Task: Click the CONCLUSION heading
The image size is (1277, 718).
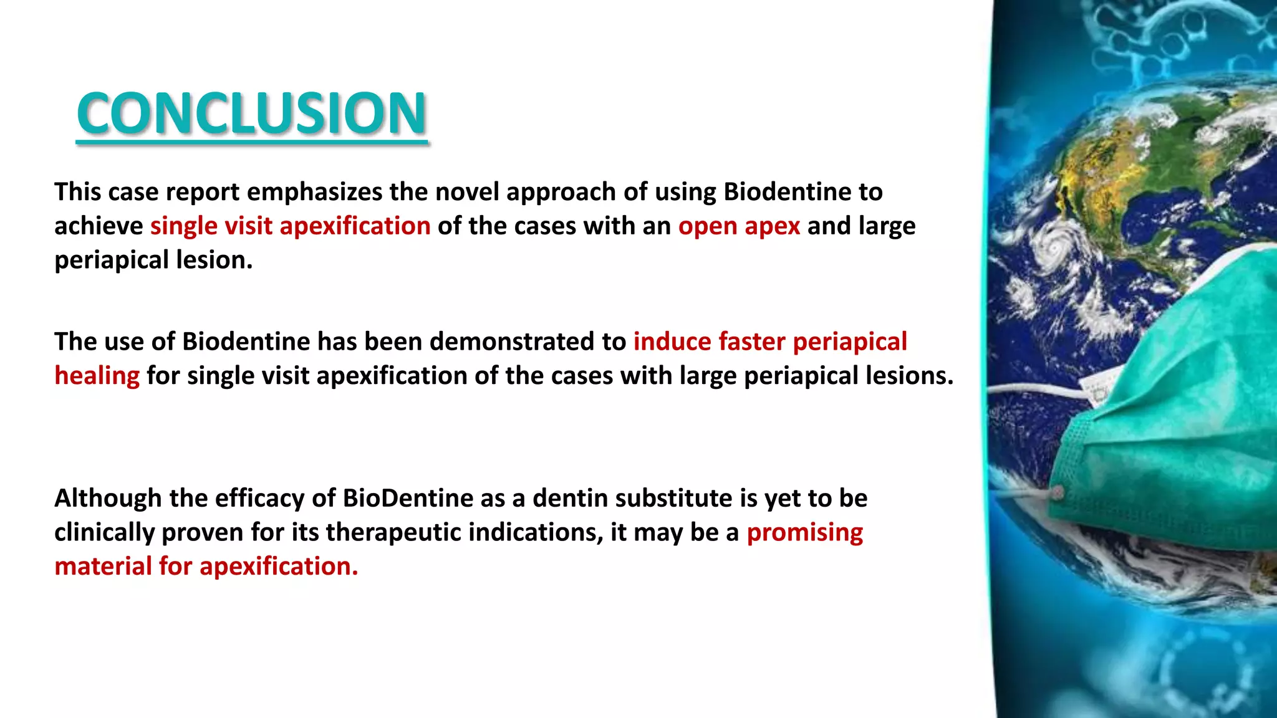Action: click(x=251, y=113)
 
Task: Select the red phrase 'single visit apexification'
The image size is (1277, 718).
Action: click(x=290, y=226)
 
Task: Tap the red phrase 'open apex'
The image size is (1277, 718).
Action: click(x=739, y=226)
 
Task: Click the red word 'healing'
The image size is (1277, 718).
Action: click(x=97, y=376)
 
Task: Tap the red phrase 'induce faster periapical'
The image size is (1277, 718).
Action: click(x=770, y=342)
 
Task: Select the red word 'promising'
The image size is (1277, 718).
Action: click(x=804, y=532)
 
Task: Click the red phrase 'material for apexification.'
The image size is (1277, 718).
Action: click(x=206, y=567)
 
